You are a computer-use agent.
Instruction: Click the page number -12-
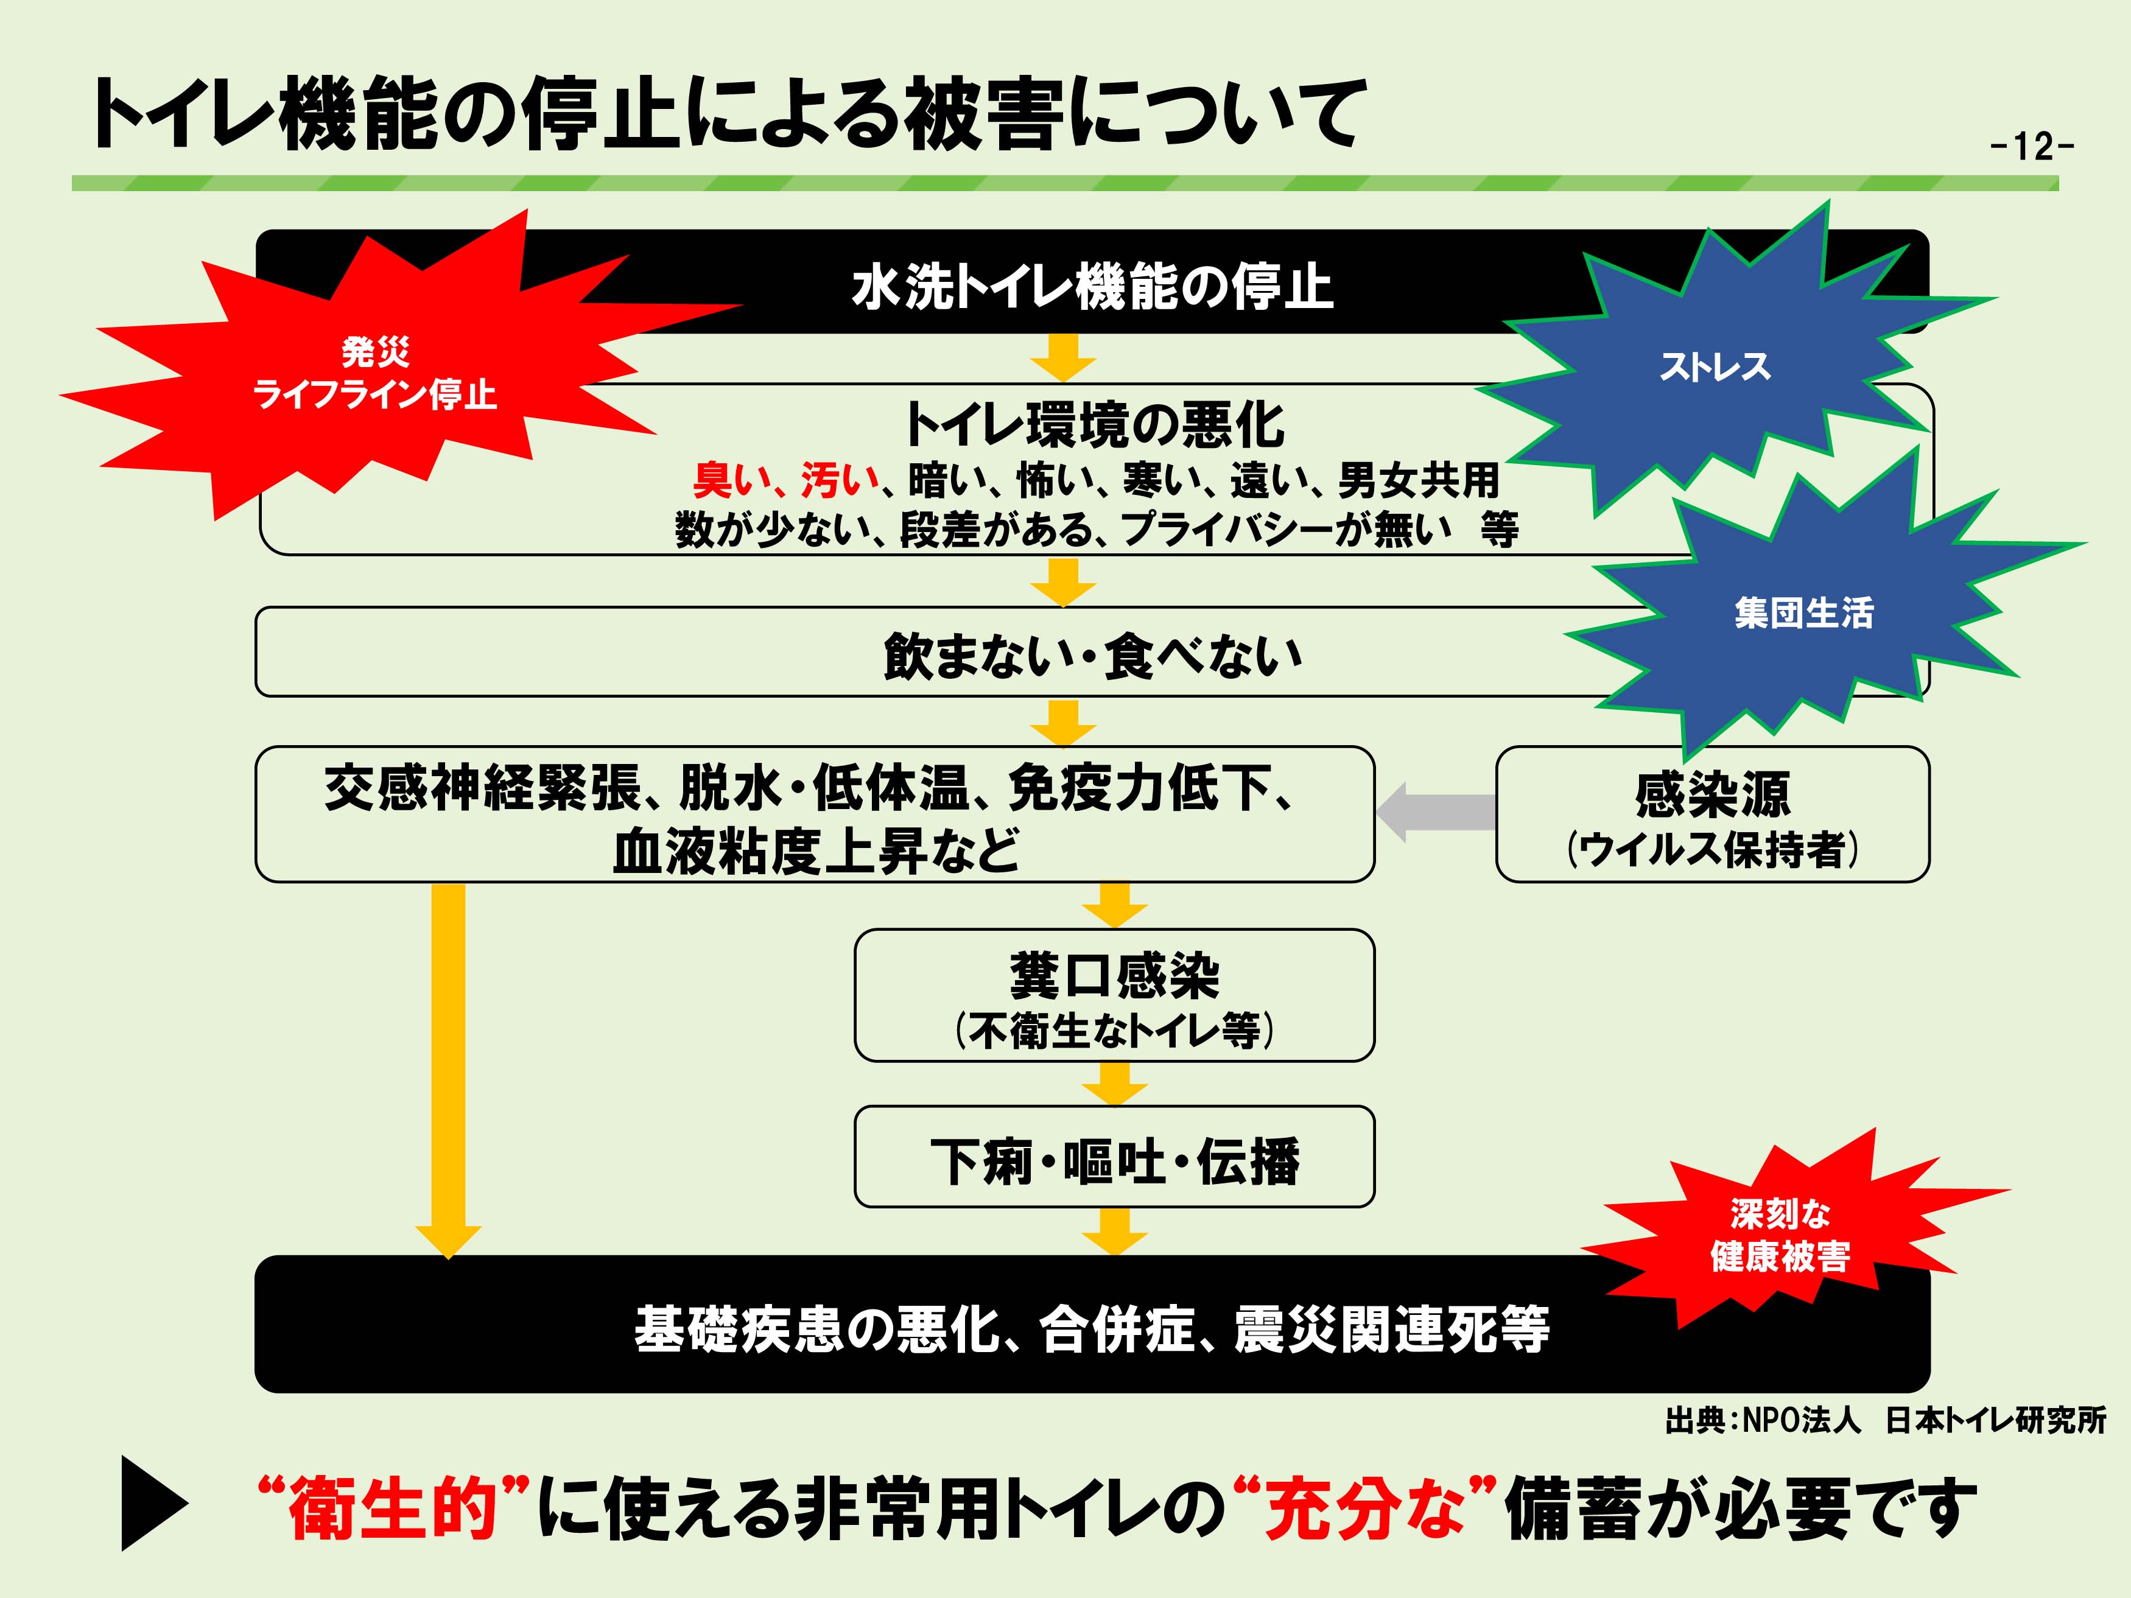[x=2031, y=147]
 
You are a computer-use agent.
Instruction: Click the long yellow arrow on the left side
[x=448, y=1060]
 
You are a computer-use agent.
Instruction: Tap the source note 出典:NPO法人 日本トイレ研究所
[x=1884, y=1420]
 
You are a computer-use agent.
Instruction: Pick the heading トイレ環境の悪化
[x=1094, y=425]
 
